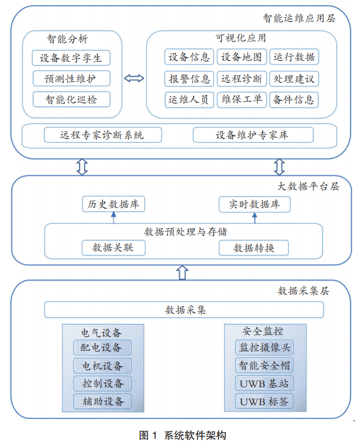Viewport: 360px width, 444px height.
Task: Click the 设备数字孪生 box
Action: click(x=71, y=58)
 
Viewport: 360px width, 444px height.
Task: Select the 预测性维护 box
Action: click(x=71, y=79)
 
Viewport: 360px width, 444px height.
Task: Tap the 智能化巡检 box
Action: click(x=71, y=99)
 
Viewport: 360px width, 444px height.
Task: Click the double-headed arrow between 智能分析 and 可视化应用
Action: click(x=134, y=78)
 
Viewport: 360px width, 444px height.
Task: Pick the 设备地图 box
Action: click(x=241, y=57)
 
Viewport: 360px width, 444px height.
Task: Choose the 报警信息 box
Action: click(x=189, y=79)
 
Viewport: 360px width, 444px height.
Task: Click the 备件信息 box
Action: click(x=293, y=100)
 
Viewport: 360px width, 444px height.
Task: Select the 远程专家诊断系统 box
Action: click(x=102, y=135)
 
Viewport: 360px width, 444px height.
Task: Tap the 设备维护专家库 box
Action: click(x=252, y=135)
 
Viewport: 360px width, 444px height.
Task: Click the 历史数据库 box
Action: click(x=113, y=205)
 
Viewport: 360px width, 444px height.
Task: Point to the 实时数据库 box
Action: click(x=254, y=205)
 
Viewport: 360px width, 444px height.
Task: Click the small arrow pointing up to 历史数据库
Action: click(x=113, y=218)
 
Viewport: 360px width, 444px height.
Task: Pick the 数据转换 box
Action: click(x=254, y=248)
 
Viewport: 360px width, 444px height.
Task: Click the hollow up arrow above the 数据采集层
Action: click(x=181, y=272)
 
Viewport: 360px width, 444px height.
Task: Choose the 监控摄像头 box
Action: click(x=263, y=348)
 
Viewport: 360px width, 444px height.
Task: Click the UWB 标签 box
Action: click(x=263, y=401)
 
